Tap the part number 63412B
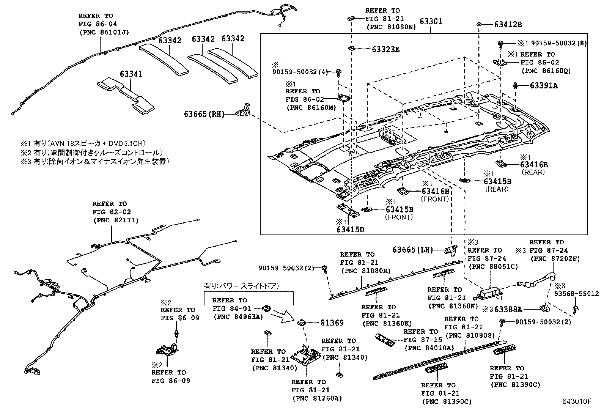click(x=508, y=25)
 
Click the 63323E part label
click(x=385, y=50)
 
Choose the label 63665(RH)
click(x=203, y=113)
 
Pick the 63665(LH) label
click(x=412, y=250)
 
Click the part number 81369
click(x=332, y=323)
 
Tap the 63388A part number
click(x=508, y=309)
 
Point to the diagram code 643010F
click(x=577, y=401)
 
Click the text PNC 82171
click(x=116, y=220)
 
